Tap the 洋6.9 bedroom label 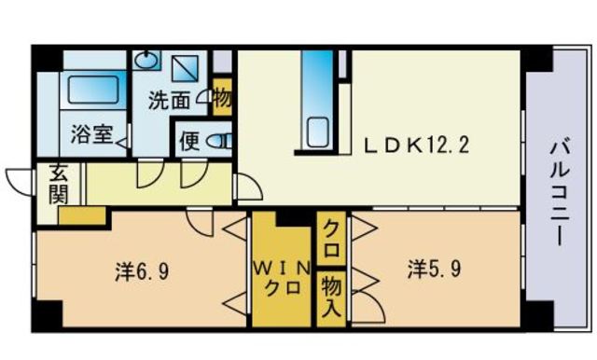pos(141,272)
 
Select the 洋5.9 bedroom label pos(432,270)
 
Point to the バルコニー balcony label pos(559,191)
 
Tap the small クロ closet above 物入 pos(330,241)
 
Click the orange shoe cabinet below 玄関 pos(81,215)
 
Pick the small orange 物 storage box pos(221,98)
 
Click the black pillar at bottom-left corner pos(46,314)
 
